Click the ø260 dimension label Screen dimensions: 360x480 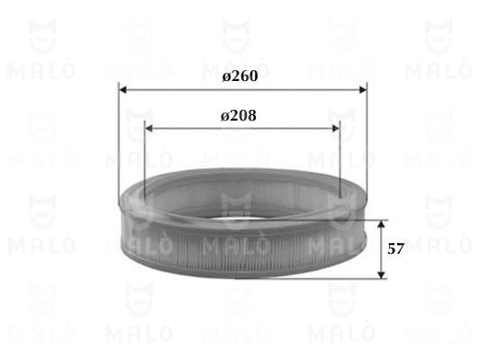240,76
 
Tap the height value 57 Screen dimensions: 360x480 394,248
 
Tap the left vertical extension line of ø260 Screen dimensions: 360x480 119,144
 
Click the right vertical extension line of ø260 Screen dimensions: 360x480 367,144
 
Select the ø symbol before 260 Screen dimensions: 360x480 226,76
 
